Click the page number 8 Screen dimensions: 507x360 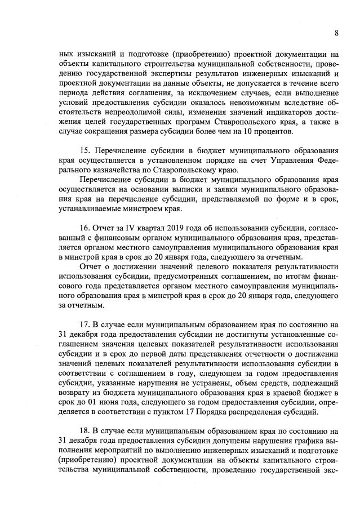click(336, 33)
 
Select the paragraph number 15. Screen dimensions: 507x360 click(86, 152)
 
